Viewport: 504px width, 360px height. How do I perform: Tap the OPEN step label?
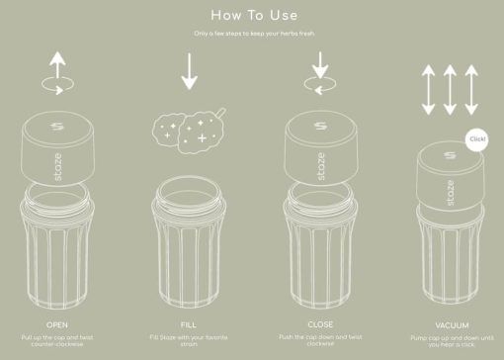[57, 323]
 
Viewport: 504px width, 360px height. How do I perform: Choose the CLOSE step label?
[318, 323]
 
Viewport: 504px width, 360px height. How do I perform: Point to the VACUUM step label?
[452, 324]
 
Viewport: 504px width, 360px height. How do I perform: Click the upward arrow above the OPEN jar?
[57, 67]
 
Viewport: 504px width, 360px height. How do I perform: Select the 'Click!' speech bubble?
[476, 139]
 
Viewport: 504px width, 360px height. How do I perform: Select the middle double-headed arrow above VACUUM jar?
[448, 89]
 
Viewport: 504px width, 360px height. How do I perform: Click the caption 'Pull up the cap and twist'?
[57, 337]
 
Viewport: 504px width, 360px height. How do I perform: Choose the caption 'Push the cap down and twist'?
[318, 337]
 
